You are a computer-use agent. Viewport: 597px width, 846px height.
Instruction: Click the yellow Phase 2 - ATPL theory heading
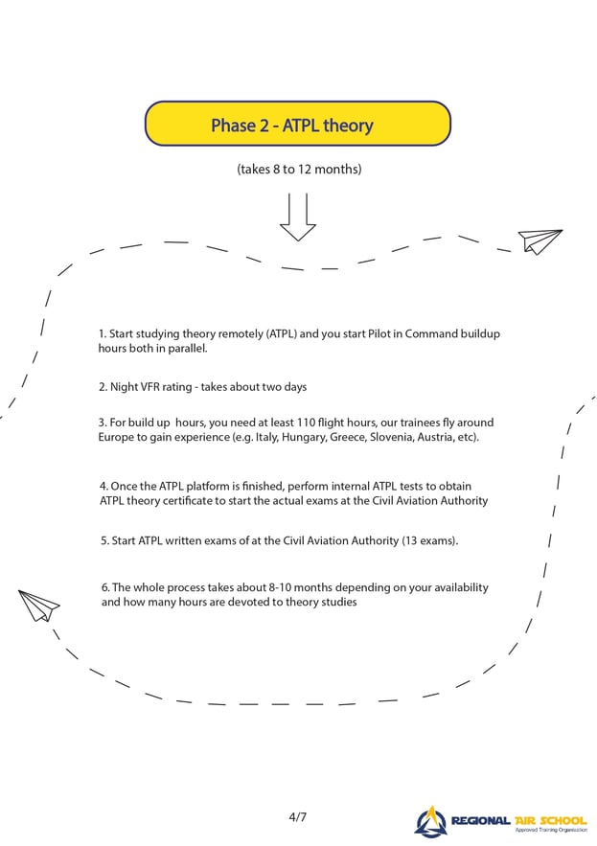pyautogui.click(x=297, y=124)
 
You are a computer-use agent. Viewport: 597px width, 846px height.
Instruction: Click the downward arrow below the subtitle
pyautogui.click(x=297, y=217)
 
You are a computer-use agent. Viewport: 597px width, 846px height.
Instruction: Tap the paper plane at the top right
pyautogui.click(x=540, y=241)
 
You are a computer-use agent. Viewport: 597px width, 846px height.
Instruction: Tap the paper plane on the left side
pyautogui.click(x=38, y=606)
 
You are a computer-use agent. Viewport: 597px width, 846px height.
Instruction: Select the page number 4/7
pyautogui.click(x=297, y=817)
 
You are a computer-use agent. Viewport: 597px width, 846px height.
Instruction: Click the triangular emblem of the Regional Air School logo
pyautogui.click(x=429, y=822)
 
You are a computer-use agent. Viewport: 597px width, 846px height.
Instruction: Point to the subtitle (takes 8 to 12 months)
pyautogui.click(x=299, y=170)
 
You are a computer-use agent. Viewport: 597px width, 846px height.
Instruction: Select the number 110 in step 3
pyautogui.click(x=306, y=423)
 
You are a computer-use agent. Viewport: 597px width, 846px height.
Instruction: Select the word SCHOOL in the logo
pyautogui.click(x=563, y=821)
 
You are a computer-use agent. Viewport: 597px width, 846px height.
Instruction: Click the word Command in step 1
pyautogui.click(x=431, y=334)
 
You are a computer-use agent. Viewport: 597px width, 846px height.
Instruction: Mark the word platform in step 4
pyautogui.click(x=208, y=486)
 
